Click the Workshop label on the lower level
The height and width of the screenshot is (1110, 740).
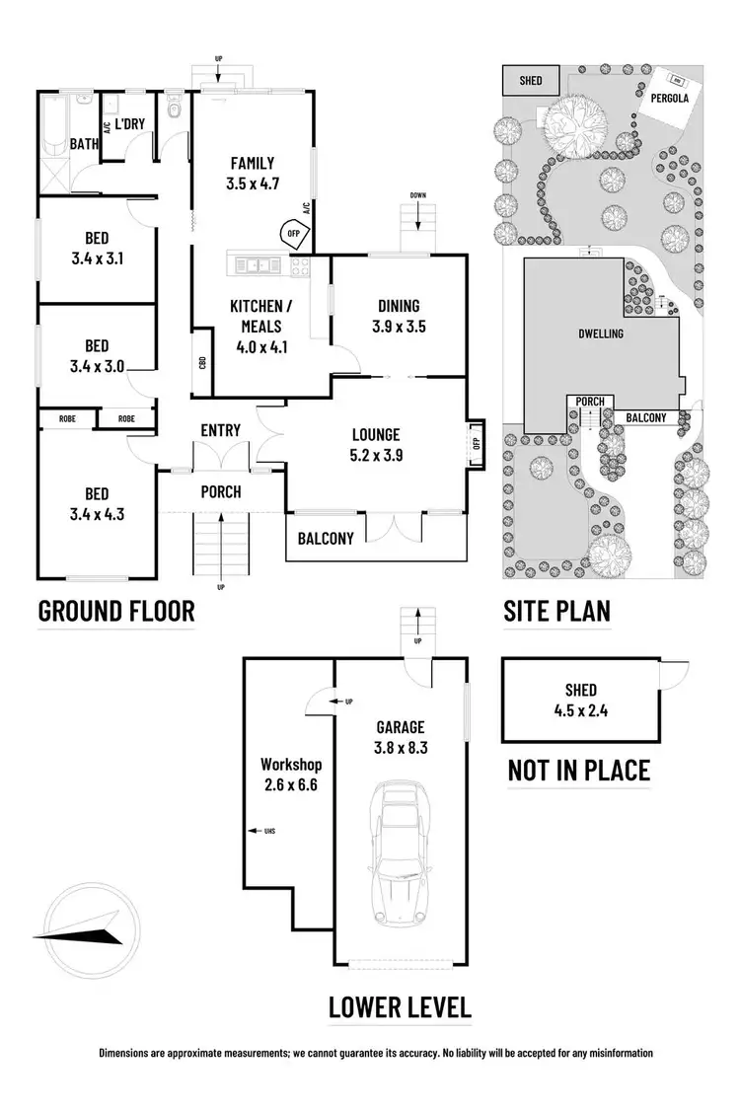click(x=291, y=765)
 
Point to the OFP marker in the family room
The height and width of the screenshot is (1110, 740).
click(x=293, y=233)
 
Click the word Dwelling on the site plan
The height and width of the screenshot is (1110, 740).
click(x=600, y=333)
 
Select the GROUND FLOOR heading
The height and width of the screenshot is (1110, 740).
click(x=116, y=611)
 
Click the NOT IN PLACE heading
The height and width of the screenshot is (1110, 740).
click(x=579, y=770)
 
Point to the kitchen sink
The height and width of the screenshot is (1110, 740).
click(x=257, y=263)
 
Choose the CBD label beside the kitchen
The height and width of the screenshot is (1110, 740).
click(x=201, y=362)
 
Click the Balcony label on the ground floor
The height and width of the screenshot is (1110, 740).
click(x=326, y=538)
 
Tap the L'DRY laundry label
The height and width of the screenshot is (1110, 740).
click(x=130, y=124)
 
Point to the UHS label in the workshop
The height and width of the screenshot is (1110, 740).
click(x=268, y=832)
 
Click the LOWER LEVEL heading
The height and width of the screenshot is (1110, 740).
click(x=400, y=1007)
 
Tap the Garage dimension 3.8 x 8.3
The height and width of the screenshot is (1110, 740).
click(x=400, y=747)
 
